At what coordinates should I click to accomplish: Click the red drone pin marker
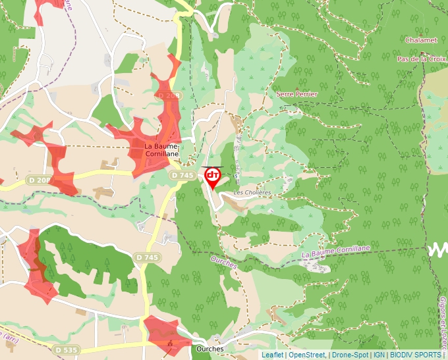tap(213, 176)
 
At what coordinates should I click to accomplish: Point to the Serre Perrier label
tap(297, 94)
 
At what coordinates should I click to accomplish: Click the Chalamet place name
tap(422, 40)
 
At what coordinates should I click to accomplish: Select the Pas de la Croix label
tap(422, 59)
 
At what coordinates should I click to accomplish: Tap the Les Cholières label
tap(253, 192)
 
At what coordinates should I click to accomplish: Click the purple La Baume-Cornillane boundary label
tap(336, 251)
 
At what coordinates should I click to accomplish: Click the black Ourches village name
tap(210, 349)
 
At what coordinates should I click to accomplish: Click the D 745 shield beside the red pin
tap(182, 175)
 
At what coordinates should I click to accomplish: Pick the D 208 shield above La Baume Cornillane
tap(169, 96)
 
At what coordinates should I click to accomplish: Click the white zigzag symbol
tap(437, 249)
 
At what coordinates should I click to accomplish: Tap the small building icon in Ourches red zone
tap(171, 344)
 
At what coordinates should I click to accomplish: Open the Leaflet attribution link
tap(273, 355)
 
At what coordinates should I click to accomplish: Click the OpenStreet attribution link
tap(307, 355)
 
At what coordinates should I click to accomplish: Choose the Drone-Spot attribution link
tap(350, 355)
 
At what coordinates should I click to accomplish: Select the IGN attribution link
tap(379, 355)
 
